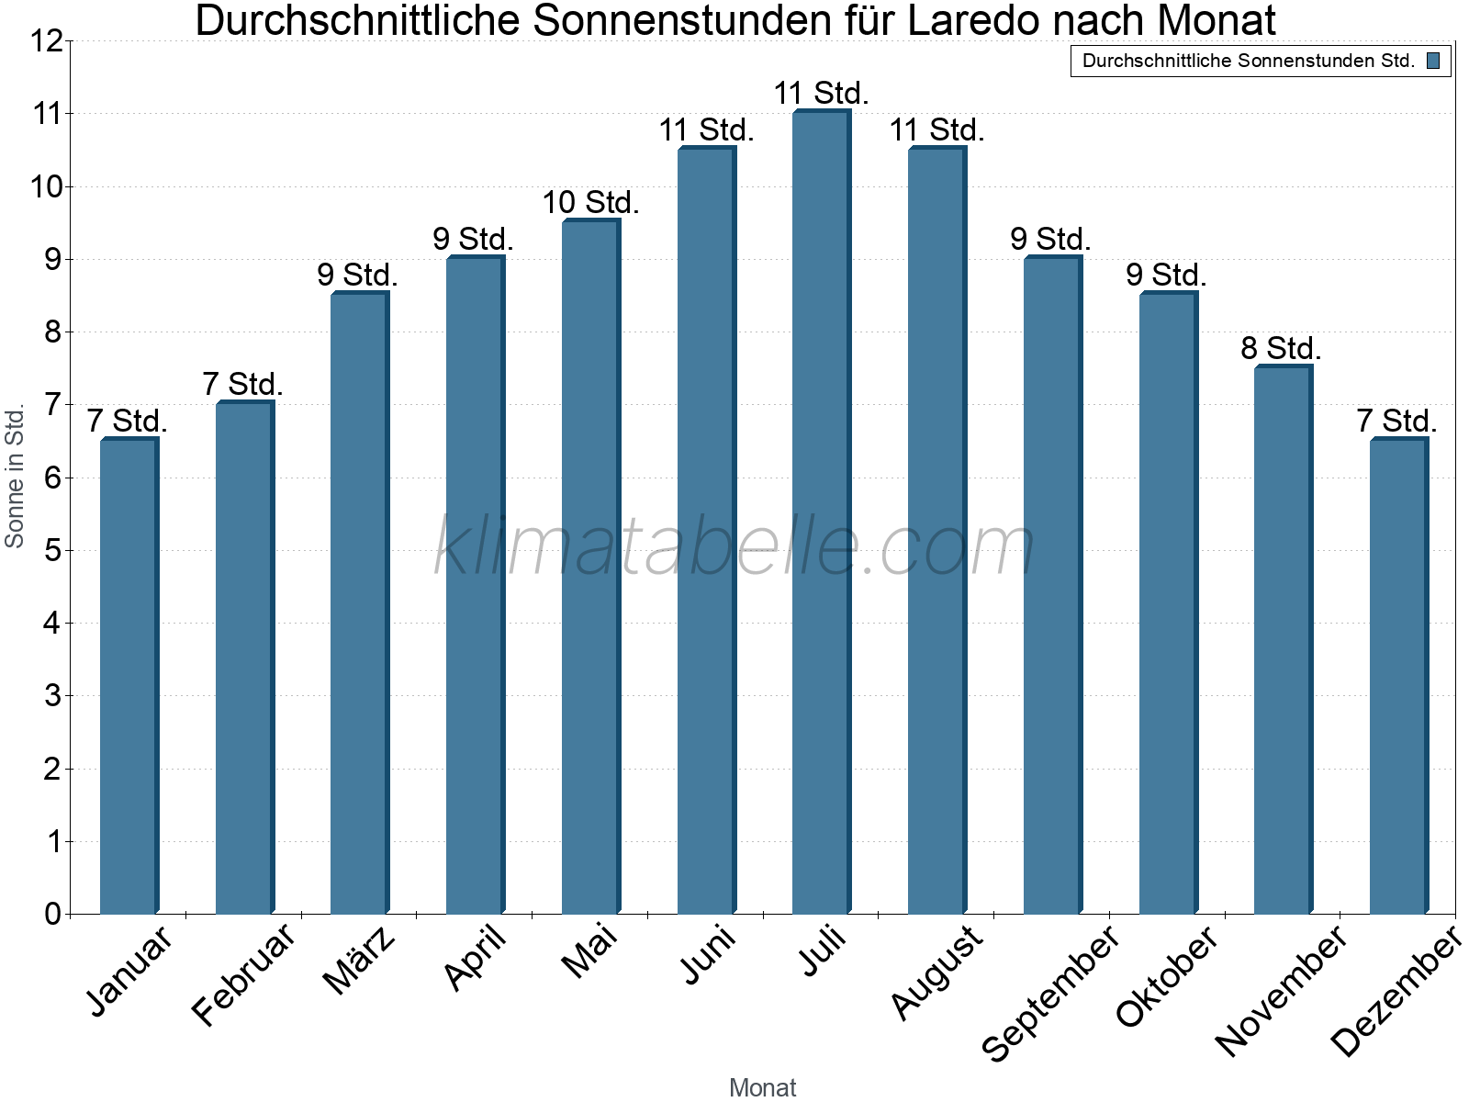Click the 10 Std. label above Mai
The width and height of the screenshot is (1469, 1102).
pyautogui.click(x=590, y=202)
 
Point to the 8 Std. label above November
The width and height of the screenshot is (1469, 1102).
pyautogui.click(x=1281, y=349)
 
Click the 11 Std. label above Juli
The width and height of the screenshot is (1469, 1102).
pyautogui.click(x=821, y=94)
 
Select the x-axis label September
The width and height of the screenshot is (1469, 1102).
pyautogui.click(x=1052, y=992)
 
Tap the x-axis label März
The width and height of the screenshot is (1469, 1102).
pyautogui.click(x=360, y=961)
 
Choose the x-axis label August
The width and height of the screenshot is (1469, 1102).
pyautogui.click(x=936, y=972)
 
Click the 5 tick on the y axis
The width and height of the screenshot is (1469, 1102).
pyautogui.click(x=52, y=550)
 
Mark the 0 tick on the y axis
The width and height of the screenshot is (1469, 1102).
pyautogui.click(x=52, y=914)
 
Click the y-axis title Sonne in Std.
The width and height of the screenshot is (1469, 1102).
pyautogui.click(x=15, y=476)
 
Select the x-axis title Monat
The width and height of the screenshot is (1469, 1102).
pyautogui.click(x=762, y=1087)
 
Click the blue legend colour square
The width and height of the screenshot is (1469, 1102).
pyautogui.click(x=1432, y=62)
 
